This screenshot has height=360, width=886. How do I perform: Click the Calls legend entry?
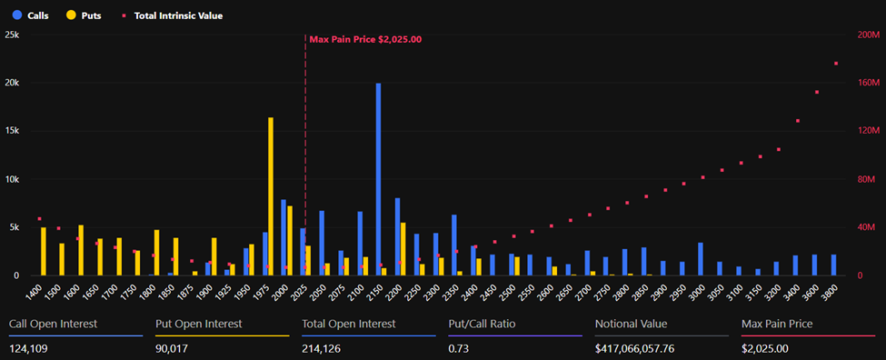[31, 15]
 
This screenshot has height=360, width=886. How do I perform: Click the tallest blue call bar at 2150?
[378, 179]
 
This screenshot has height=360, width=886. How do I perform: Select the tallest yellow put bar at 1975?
[271, 195]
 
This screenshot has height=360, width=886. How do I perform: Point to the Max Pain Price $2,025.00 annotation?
[365, 39]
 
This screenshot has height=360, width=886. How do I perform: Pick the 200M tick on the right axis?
[867, 35]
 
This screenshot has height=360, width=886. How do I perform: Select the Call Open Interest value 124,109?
[31, 348]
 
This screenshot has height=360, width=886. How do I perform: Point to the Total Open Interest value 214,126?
[325, 348]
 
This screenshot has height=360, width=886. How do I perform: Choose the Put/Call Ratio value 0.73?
[460, 348]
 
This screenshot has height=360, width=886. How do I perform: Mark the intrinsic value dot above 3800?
[836, 64]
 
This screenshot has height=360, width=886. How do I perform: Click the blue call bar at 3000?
[700, 259]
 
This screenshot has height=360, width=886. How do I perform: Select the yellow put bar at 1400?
[44, 252]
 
